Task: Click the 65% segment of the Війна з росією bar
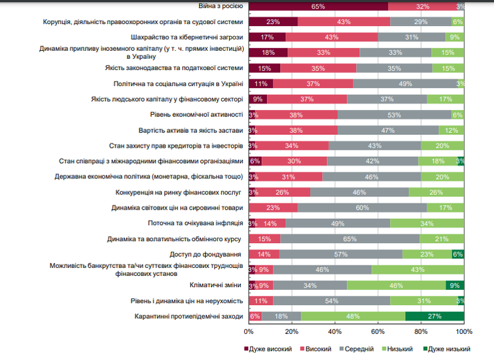pyautogui.click(x=318, y=6)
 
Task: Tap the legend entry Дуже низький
pyautogui.click(x=448, y=349)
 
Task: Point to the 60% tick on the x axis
pyautogui.click(x=378, y=331)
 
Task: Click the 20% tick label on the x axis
pyautogui.click(x=292, y=331)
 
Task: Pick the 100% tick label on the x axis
pyautogui.click(x=464, y=331)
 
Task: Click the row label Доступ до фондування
pyautogui.click(x=206, y=254)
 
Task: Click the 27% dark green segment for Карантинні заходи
pyautogui.click(x=435, y=315)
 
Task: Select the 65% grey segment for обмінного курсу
pyautogui.click(x=350, y=238)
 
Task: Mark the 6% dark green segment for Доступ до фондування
pyautogui.click(x=458, y=254)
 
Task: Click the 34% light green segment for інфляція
pyautogui.click(x=427, y=223)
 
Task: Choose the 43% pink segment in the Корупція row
pyautogui.click(x=344, y=21)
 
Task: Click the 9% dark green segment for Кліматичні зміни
pyautogui.click(x=455, y=285)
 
